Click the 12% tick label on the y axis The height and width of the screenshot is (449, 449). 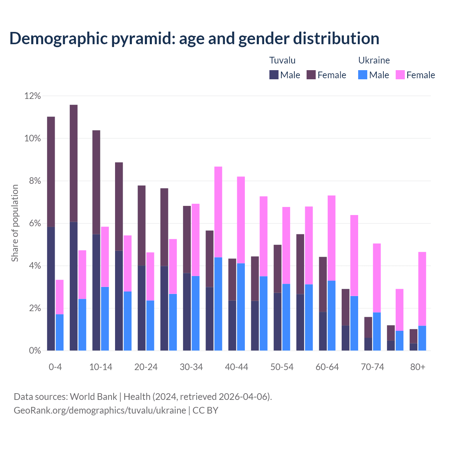pos(32,96)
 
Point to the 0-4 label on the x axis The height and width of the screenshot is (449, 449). pos(55,367)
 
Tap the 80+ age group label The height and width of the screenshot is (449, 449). pos(418,367)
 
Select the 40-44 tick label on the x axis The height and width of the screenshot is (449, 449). pos(236,367)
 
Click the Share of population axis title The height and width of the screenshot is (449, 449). pos(15,223)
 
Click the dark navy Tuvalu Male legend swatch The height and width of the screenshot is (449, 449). pos(274,75)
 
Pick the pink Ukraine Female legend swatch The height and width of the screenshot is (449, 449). pos(400,75)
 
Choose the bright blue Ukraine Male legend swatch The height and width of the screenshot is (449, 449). pos(363,75)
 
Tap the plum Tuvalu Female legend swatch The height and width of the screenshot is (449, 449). pos(311,75)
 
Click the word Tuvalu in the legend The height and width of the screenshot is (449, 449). pos(282,60)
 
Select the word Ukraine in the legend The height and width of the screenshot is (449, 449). pos(374,60)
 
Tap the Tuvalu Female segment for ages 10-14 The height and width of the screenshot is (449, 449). pos(96,182)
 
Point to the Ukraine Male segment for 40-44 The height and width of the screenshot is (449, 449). pos(241,307)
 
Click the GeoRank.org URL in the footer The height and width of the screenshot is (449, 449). pos(100,410)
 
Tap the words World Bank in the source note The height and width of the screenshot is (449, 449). pos(93,397)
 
